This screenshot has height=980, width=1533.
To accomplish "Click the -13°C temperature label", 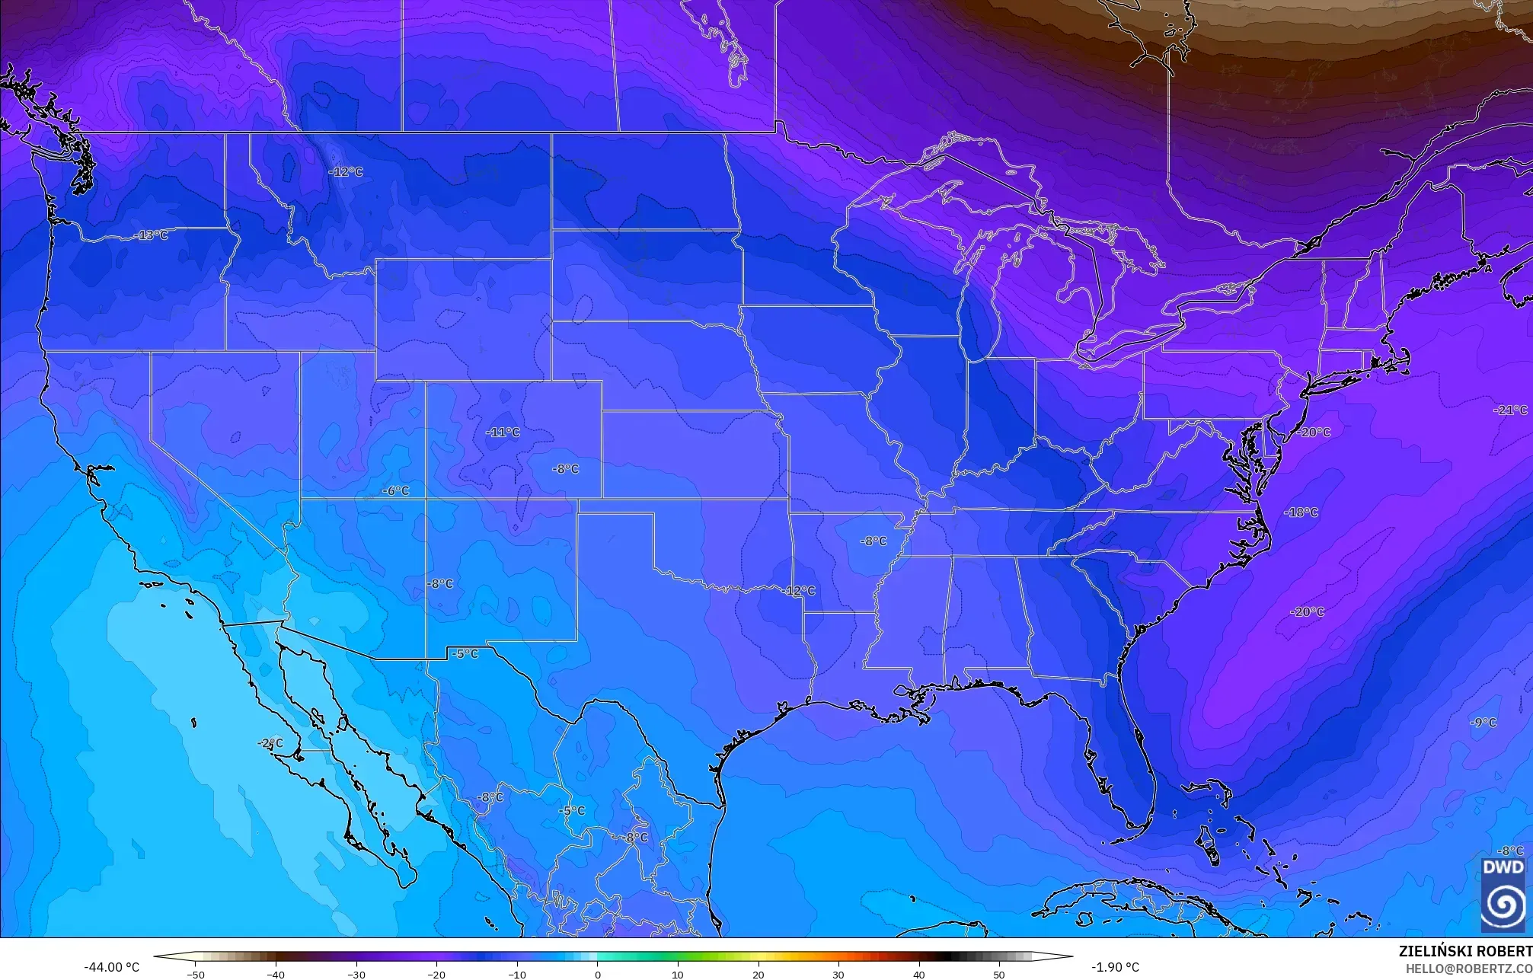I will coord(152,235).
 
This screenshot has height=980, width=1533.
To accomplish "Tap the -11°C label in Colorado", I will coord(503,433).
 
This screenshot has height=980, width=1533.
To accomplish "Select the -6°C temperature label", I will coord(395,491).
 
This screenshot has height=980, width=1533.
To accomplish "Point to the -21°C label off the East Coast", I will coord(1510,410).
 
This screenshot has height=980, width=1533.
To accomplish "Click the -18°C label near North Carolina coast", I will coord(1301,512).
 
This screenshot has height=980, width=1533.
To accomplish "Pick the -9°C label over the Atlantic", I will coord(1483,723).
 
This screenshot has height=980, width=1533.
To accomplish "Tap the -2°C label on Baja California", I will coord(270,743).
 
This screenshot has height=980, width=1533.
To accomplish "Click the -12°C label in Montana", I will coord(346,172).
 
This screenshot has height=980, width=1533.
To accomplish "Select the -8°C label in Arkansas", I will coord(873,541).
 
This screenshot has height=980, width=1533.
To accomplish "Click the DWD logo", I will coord(1503,895).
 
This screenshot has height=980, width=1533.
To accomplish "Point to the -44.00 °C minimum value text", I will coord(111,967).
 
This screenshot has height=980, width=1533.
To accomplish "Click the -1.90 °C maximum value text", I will coord(1115,967).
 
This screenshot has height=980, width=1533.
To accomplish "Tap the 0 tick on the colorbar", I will coord(598,974).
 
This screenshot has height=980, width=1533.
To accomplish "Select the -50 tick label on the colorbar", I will coord(196,974).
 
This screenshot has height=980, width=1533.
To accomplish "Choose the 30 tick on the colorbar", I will coord(838,974).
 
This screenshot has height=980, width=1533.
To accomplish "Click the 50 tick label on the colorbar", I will coord(999,974).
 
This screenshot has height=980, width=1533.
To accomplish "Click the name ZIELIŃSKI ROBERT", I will coord(1465,951).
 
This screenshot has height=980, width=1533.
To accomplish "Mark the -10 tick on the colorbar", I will coord(517,974).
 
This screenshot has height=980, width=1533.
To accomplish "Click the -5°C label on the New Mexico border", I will coord(465,654).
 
